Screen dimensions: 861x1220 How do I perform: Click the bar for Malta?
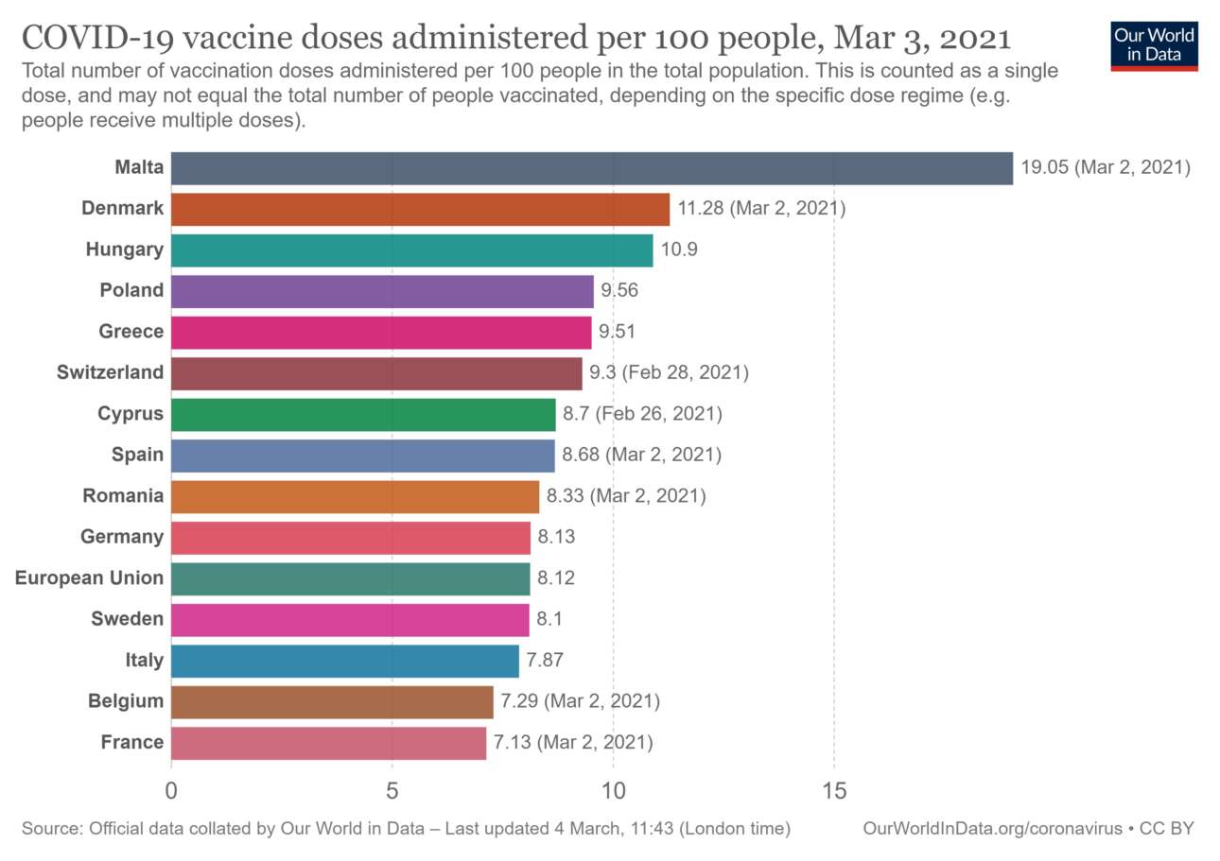(591, 168)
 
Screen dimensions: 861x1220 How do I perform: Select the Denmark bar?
(420, 209)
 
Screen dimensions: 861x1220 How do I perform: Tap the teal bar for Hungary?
(411, 250)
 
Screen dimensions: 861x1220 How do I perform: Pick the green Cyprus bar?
(363, 414)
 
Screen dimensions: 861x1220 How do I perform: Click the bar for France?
(328, 743)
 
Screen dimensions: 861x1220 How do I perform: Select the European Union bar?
(350, 578)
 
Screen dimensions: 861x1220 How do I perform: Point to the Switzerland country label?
(110, 372)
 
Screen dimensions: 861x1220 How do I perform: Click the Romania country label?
(123, 495)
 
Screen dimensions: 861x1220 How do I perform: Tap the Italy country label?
(143, 660)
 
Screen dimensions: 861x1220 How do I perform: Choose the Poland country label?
(131, 290)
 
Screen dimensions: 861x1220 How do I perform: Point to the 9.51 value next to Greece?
(619, 332)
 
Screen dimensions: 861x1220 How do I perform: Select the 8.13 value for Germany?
(556, 537)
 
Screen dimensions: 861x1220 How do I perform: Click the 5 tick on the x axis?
(392, 788)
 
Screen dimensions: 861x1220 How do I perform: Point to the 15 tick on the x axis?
(833, 788)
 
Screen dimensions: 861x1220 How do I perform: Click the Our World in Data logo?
(1154, 45)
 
